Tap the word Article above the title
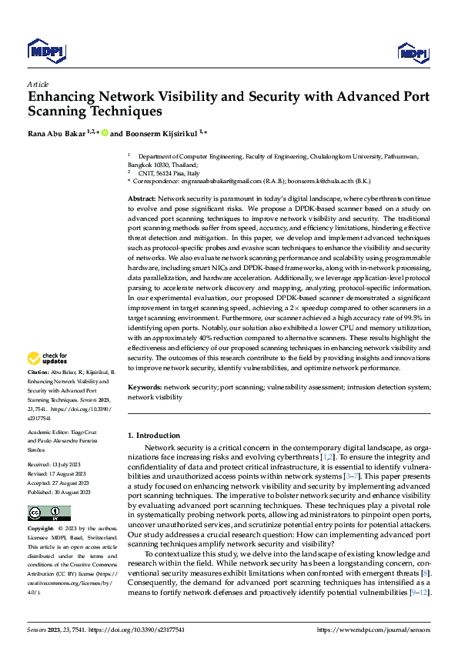point(38,84)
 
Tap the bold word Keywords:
point(144,389)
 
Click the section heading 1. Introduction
point(153,435)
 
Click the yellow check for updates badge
point(48,358)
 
